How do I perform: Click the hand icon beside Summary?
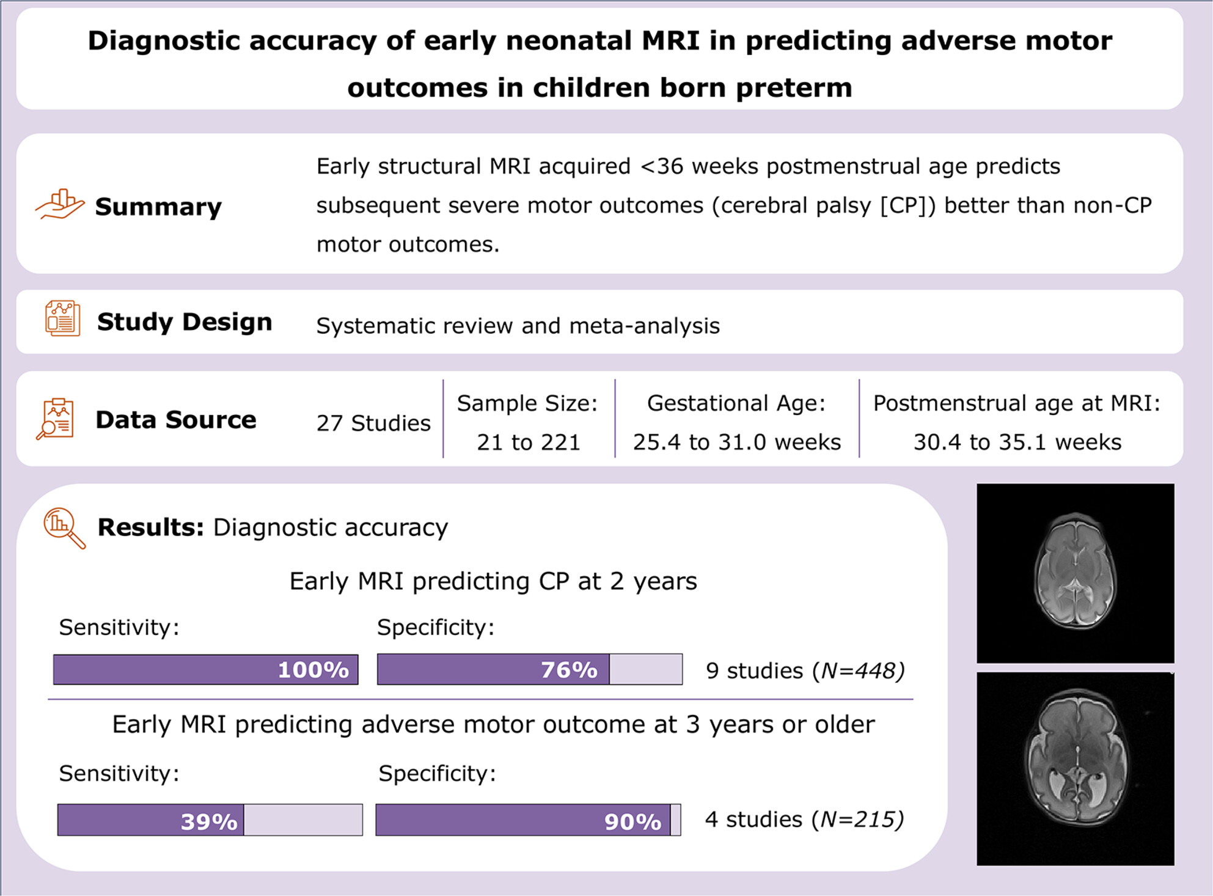pyautogui.click(x=59, y=204)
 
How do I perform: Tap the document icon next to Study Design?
pyautogui.click(x=62, y=318)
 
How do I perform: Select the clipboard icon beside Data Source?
pyautogui.click(x=55, y=419)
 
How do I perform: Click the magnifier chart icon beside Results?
pyautogui.click(x=64, y=529)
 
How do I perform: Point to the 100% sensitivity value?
pyautogui.click(x=313, y=670)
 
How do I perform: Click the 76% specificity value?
pyautogui.click(x=569, y=670)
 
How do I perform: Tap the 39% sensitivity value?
pyautogui.click(x=209, y=821)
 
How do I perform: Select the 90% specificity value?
pyautogui.click(x=632, y=821)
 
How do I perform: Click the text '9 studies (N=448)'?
pyautogui.click(x=805, y=670)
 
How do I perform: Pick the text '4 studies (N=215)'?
pyautogui.click(x=804, y=819)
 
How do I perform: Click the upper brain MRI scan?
pyautogui.click(x=1076, y=573)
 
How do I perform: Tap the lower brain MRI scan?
pyautogui.click(x=1076, y=769)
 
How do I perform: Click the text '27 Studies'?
pyautogui.click(x=373, y=423)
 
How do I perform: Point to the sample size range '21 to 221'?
pyautogui.click(x=529, y=442)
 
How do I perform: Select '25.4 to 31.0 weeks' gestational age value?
pyautogui.click(x=737, y=442)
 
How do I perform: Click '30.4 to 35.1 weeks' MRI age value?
pyautogui.click(x=1017, y=442)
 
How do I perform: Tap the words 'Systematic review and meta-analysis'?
pyautogui.click(x=518, y=326)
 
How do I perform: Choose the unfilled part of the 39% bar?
pyautogui.click(x=303, y=820)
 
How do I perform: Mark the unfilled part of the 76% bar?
pyautogui.click(x=646, y=669)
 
